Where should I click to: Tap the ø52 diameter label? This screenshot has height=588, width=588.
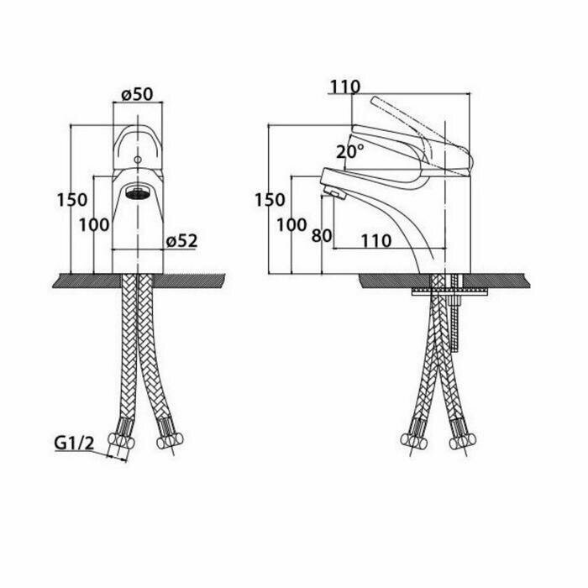(181, 241)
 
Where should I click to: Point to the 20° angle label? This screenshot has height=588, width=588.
(350, 152)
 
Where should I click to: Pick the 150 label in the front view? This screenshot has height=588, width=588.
(71, 200)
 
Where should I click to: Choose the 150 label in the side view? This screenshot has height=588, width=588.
(269, 200)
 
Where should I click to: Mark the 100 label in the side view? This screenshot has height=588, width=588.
(291, 224)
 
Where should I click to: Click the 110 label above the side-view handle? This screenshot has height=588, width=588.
(344, 87)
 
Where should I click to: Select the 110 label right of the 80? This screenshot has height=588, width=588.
(375, 241)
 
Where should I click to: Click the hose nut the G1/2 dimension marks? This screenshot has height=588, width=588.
(123, 443)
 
